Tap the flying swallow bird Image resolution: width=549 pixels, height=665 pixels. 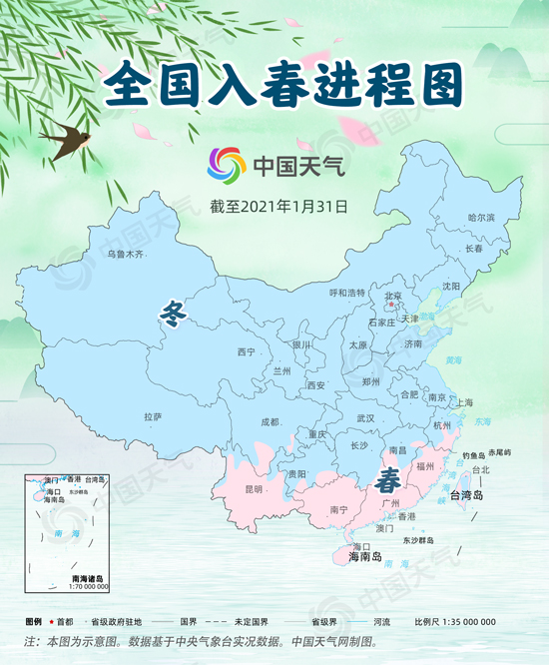(x=63, y=140)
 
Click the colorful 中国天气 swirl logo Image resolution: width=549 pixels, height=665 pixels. (x=226, y=165)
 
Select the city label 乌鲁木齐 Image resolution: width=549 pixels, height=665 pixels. (x=126, y=255)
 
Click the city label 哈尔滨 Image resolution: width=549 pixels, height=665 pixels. (x=481, y=217)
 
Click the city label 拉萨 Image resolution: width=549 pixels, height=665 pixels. (x=153, y=416)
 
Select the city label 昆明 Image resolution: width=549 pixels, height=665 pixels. (x=253, y=489)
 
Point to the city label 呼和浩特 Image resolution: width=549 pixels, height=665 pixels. (x=347, y=293)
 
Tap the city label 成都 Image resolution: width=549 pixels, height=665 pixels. (x=270, y=422)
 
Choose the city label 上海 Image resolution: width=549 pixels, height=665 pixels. (x=464, y=402)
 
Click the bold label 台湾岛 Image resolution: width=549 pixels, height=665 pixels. (x=467, y=496)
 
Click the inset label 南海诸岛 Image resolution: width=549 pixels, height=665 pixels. (x=88, y=578)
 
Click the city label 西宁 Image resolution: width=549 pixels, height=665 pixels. (x=247, y=352)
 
